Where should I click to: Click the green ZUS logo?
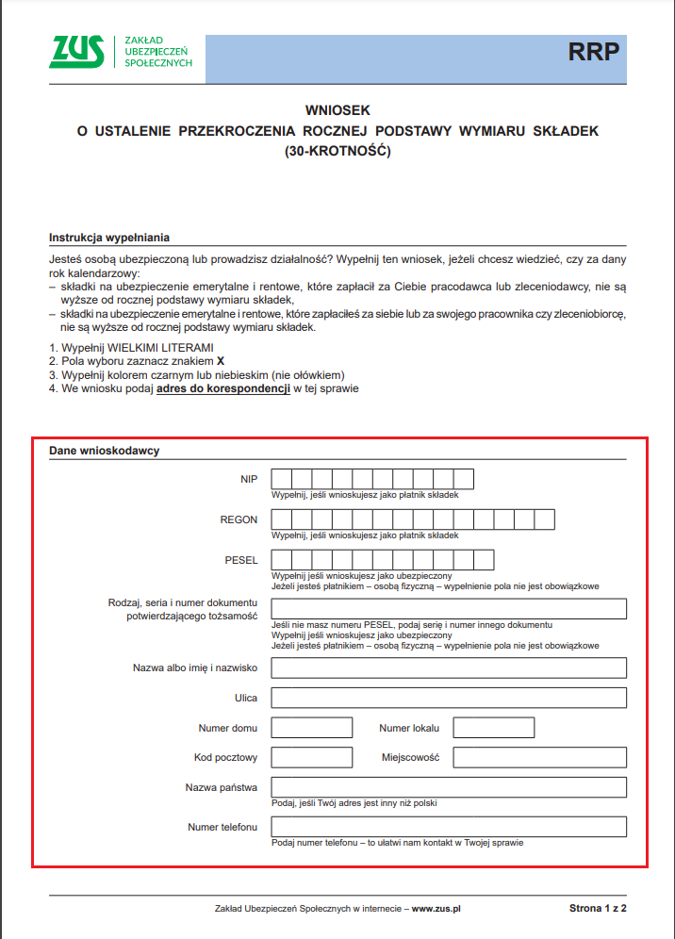[77, 52]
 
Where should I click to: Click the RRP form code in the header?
[594, 52]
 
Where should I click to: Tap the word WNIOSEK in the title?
[337, 110]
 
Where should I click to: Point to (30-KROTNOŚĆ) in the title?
[337, 150]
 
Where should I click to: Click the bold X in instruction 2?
[221, 361]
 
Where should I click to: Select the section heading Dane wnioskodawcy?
[105, 451]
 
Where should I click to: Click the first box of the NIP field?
[281, 479]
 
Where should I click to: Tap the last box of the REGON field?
[544, 519]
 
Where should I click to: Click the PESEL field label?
[241, 560]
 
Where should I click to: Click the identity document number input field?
[449, 609]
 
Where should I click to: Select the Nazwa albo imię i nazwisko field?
[449, 667]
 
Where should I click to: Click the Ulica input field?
[449, 698]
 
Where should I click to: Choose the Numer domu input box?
[311, 728]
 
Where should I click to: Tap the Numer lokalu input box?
[494, 728]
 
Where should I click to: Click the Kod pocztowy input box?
[311, 757]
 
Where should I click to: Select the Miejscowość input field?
[539, 757]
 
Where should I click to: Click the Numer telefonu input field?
[449, 827]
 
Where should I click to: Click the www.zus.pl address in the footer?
[436, 909]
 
